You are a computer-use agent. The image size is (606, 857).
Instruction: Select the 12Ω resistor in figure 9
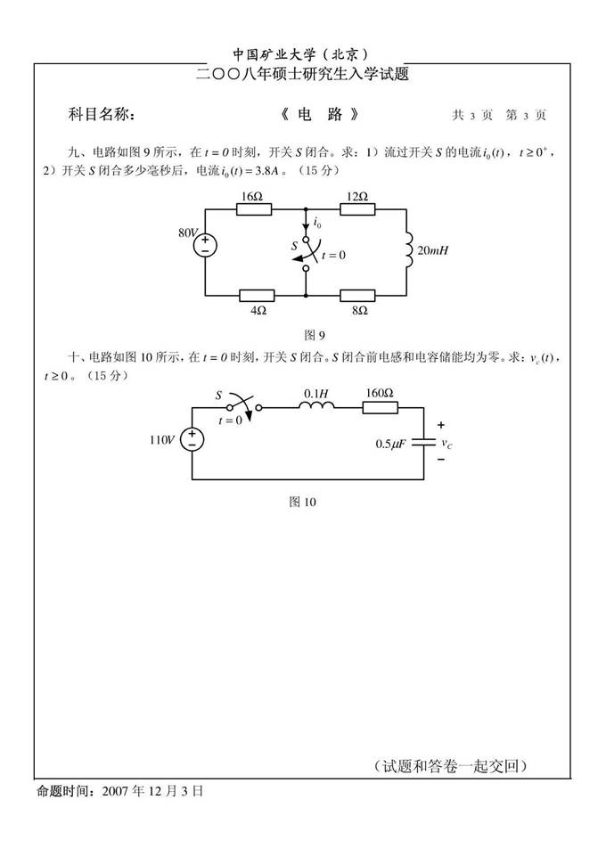coord(357,210)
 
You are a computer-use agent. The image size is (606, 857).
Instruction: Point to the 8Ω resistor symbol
coord(357,294)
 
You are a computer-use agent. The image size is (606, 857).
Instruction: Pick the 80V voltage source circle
coord(205,245)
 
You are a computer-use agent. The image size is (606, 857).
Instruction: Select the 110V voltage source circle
coord(193,438)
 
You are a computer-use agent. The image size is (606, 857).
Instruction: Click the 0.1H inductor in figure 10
coord(316,407)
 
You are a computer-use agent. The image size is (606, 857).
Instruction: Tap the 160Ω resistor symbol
coord(379,407)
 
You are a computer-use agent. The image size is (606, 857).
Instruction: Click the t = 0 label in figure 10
coord(230,420)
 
